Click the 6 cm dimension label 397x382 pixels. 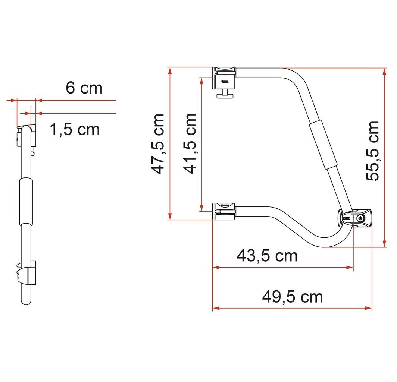point(84,88)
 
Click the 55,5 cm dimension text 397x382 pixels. point(372,151)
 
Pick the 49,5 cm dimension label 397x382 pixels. point(292,297)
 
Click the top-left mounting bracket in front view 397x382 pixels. point(224,78)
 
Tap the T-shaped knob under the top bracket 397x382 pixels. point(225,95)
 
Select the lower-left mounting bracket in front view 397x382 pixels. point(224,211)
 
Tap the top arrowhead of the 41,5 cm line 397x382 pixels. point(202,80)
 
